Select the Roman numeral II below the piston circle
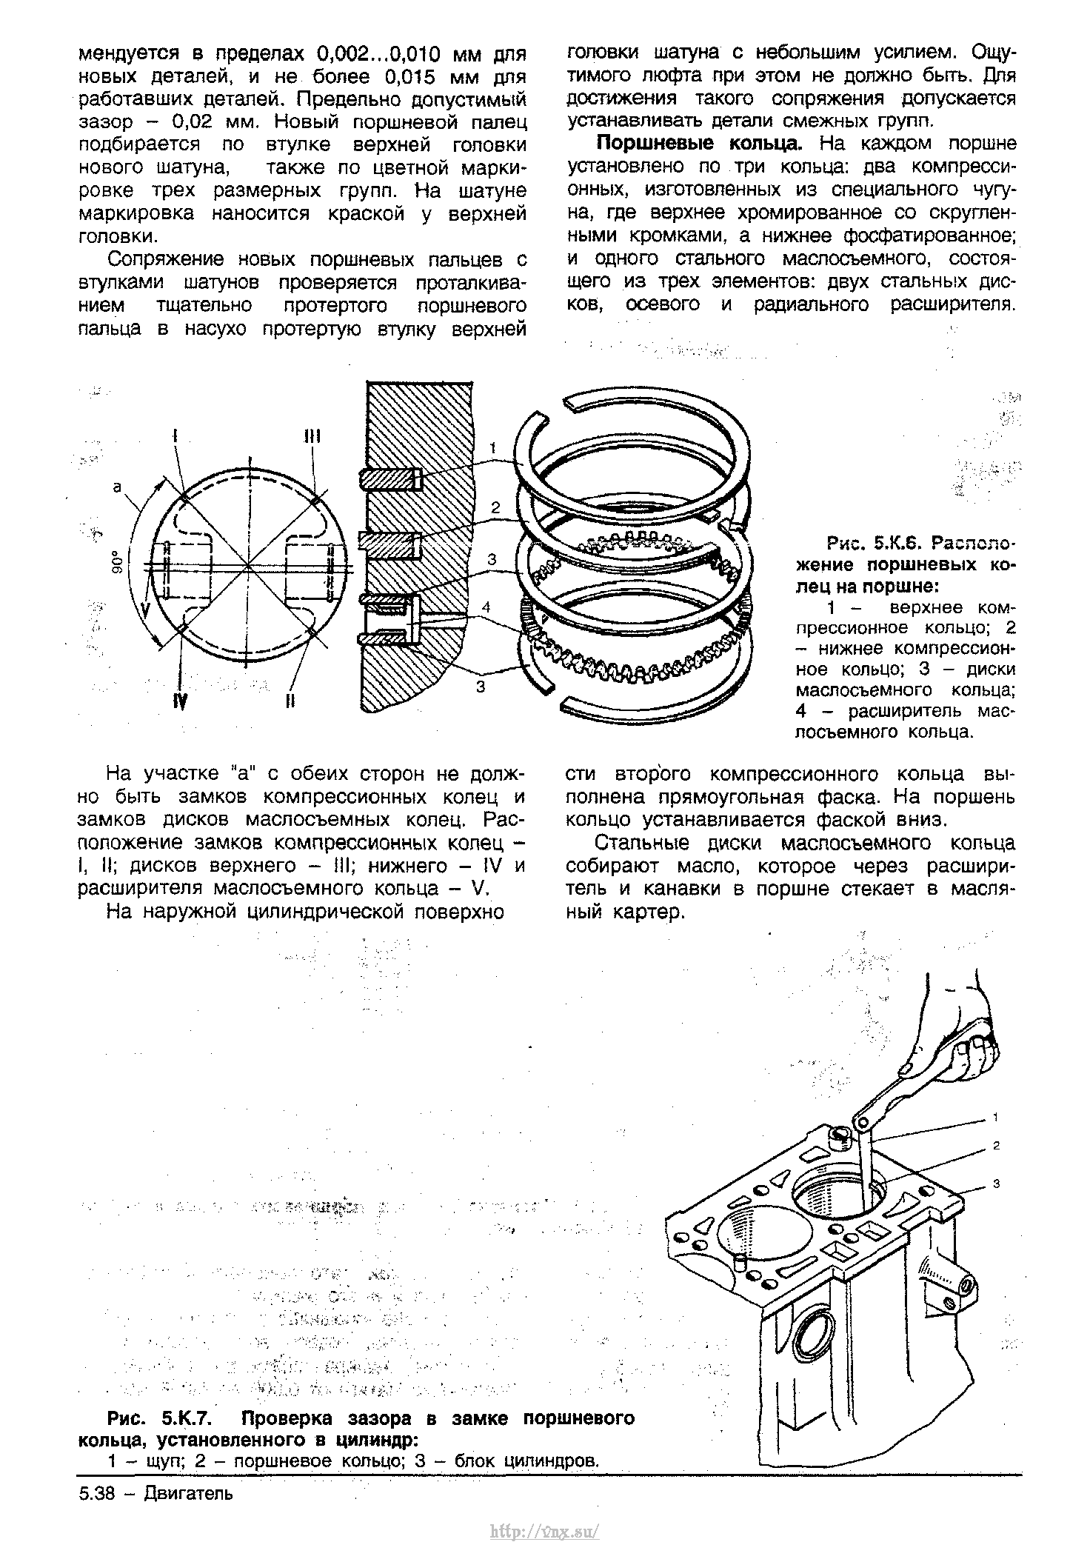coord(291,700)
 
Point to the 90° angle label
coord(116,564)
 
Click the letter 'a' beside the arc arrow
coord(117,486)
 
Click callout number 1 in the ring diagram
coord(492,447)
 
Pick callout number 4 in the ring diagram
coord(486,607)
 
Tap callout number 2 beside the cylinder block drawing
coord(997,1146)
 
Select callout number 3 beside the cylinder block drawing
coord(997,1184)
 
